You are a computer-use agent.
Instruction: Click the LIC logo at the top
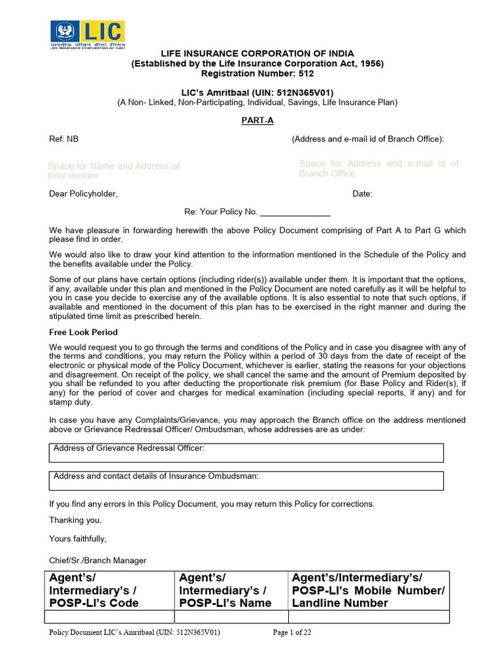[x=88, y=35]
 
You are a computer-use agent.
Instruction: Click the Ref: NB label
[x=64, y=139]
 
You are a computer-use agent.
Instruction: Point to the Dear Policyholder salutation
[x=84, y=194]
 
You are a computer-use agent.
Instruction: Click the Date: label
[x=362, y=194]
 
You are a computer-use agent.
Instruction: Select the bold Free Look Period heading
[x=84, y=333]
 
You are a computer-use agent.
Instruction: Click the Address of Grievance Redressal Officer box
[x=246, y=452]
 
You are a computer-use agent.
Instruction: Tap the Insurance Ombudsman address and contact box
[x=246, y=480]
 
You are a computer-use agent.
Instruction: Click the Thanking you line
[x=76, y=521]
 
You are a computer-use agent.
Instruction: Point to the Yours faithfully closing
[x=78, y=539]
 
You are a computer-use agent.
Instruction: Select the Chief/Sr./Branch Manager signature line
[x=98, y=561]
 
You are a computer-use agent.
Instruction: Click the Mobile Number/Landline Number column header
[x=369, y=590]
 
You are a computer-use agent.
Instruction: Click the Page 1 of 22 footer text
[x=292, y=632]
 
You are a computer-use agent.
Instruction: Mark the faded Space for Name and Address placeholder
[x=114, y=171]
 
